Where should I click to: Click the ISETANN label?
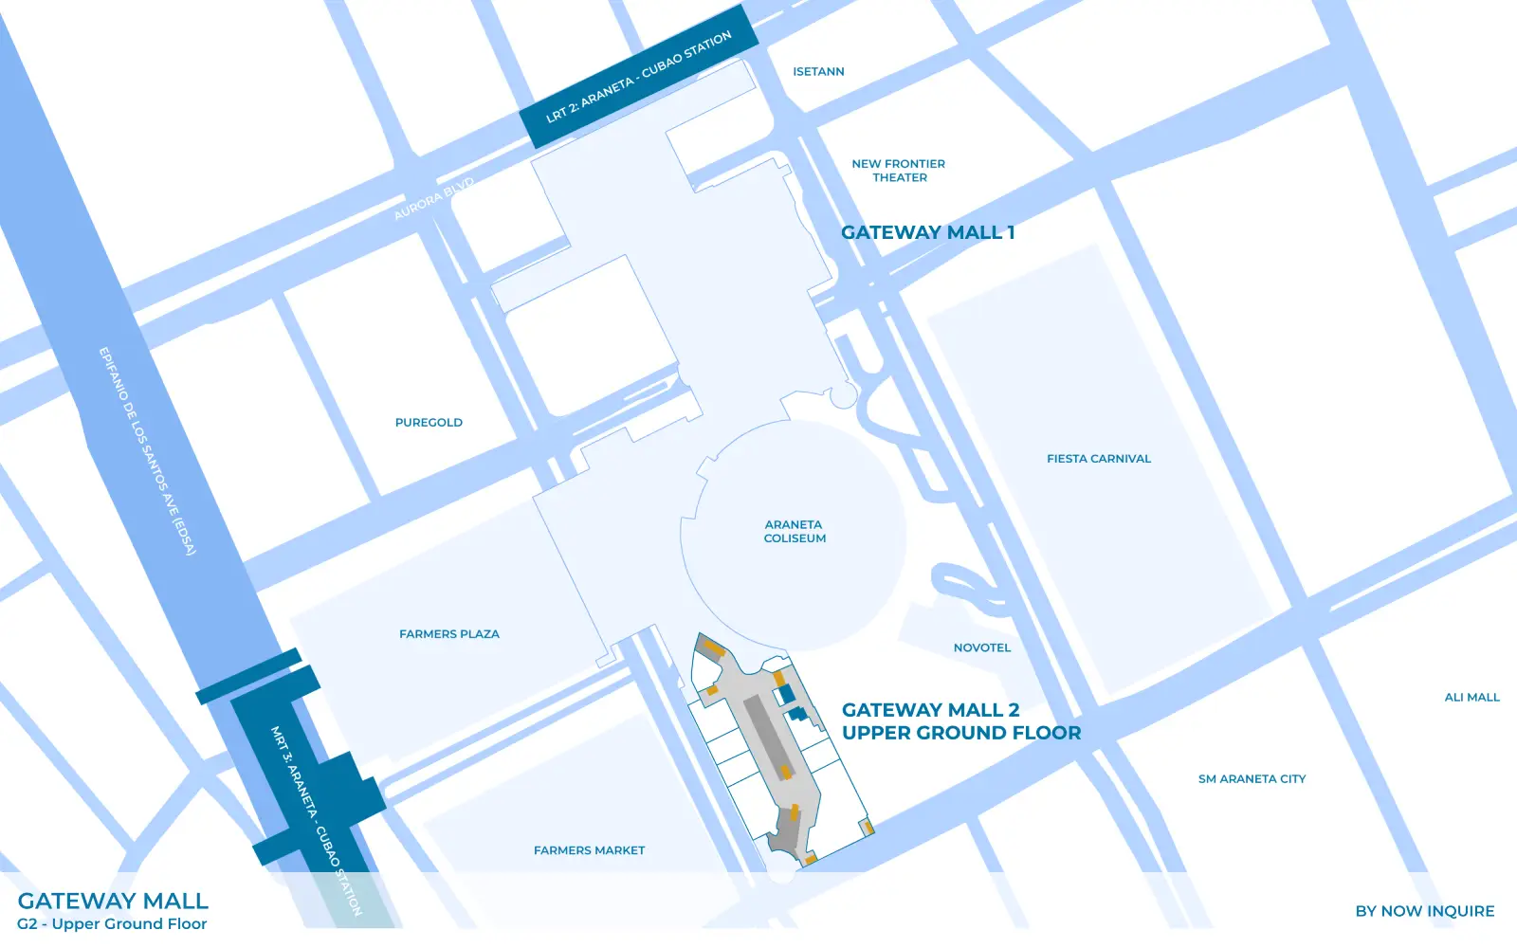(x=818, y=72)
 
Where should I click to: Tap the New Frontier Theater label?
(x=899, y=171)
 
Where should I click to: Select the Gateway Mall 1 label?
(x=927, y=232)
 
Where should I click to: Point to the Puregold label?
(x=429, y=423)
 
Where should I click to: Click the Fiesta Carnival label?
(x=1099, y=459)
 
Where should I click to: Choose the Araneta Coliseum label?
(x=795, y=531)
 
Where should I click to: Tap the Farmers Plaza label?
(x=449, y=634)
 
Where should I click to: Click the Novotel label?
(x=982, y=648)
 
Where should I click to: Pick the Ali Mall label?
(x=1471, y=698)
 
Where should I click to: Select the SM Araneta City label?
(x=1252, y=779)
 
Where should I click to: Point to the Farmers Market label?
(x=589, y=851)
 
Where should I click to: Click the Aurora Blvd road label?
(x=433, y=199)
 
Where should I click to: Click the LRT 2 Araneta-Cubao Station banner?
(x=639, y=77)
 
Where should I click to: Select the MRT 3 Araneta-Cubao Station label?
(x=316, y=820)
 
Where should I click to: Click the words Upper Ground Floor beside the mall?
(x=961, y=733)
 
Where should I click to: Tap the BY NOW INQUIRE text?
(x=1424, y=911)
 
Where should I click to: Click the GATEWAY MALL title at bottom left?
(x=113, y=901)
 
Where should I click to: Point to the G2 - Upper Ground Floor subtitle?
(x=112, y=924)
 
